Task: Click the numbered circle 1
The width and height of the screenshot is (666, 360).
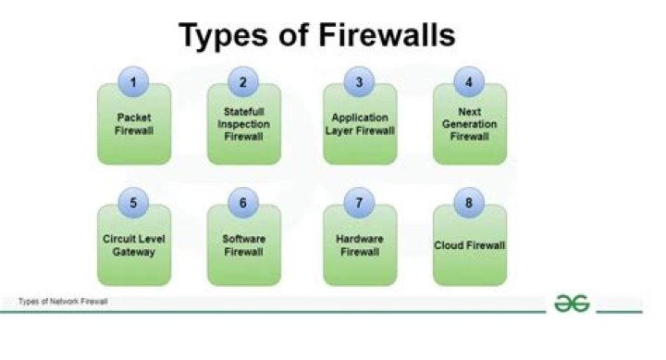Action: coord(134,81)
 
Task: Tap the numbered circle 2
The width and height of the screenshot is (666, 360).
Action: coord(244,81)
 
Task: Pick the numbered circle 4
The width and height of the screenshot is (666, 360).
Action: coord(469,81)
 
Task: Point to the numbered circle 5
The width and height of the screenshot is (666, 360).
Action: coord(134,203)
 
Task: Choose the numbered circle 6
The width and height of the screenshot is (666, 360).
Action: coord(244,203)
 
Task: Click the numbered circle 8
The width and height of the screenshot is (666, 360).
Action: coord(469,203)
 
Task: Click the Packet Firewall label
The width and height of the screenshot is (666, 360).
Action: coord(134,125)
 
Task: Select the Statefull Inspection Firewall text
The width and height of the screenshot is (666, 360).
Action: coord(244,125)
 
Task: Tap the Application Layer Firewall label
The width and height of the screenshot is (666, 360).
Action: coord(360,125)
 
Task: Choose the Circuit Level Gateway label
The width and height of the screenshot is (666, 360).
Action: coord(134,244)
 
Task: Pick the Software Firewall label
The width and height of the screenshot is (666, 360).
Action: coord(244,244)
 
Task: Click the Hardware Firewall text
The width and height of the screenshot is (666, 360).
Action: coord(360,244)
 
